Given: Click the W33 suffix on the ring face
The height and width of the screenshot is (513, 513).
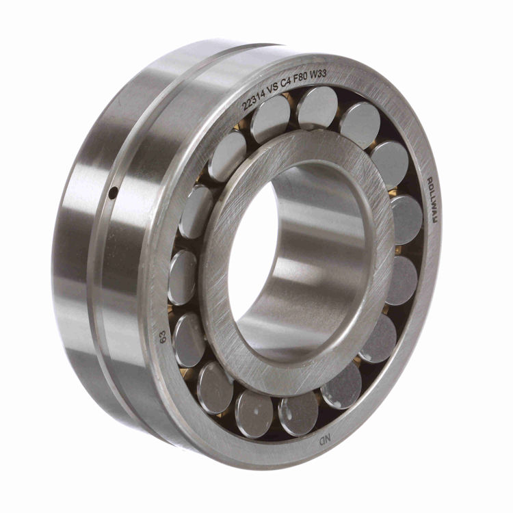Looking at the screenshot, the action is coord(318,75).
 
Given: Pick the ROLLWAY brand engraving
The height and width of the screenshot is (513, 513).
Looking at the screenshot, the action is coord(434,200).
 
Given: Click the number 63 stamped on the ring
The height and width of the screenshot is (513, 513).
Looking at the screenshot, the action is coord(163,337).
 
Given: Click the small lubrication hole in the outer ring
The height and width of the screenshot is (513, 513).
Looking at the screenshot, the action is coord(114,192).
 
